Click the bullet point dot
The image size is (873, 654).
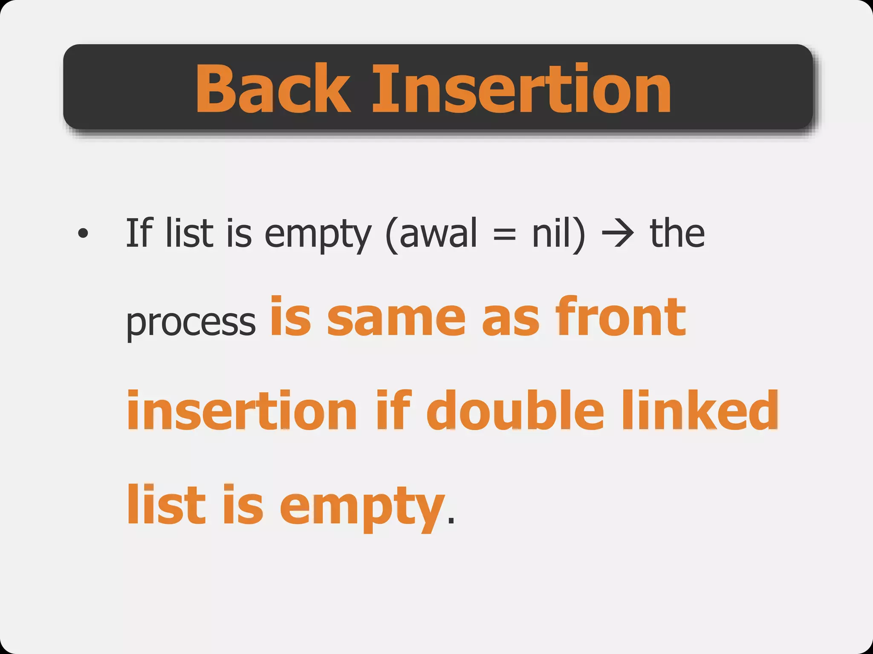pyautogui.click(x=83, y=233)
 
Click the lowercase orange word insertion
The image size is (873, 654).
pyautogui.click(x=242, y=410)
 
